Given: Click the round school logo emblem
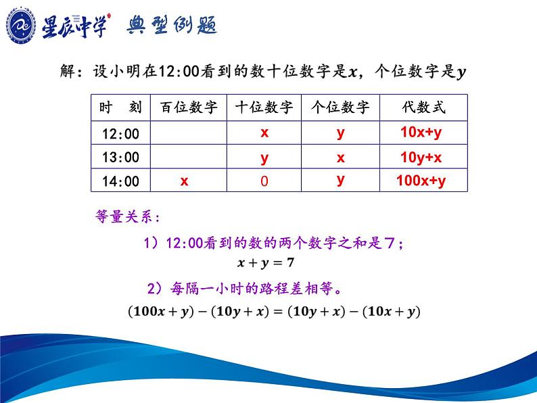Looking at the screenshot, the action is (20, 26).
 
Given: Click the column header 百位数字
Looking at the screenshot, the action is (189, 107).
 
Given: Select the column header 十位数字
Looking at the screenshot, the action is (264, 107).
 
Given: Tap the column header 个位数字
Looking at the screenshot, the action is (340, 107).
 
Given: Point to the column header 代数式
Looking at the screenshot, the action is (424, 107).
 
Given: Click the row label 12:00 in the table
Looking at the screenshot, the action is (120, 133).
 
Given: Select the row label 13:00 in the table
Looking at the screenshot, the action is (120, 157).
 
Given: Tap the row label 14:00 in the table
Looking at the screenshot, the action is (120, 181).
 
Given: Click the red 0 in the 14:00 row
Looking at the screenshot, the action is (264, 181).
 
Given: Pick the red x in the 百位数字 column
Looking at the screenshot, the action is (184, 181).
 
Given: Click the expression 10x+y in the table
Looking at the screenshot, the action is (421, 133).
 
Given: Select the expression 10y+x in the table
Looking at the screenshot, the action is (421, 158).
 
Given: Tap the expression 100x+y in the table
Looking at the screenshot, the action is (421, 181).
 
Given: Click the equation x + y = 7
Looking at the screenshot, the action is (265, 262).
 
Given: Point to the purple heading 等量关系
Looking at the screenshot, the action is (127, 216).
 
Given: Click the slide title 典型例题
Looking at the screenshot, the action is (172, 25).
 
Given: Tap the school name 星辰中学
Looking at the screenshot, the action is (75, 26).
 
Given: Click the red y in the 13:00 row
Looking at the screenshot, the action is (264, 158).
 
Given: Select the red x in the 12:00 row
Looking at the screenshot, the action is (264, 133).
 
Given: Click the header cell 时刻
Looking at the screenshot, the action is (120, 107).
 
